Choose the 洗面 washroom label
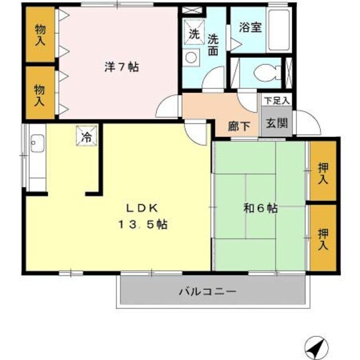[213, 46]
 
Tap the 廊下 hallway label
[239, 126]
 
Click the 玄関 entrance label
[277, 123]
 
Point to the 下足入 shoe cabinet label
[277, 101]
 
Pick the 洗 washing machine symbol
[194, 33]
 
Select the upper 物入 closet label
[39, 34]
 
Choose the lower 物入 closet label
[39, 94]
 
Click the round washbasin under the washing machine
[191, 57]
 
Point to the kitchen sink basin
[38, 143]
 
